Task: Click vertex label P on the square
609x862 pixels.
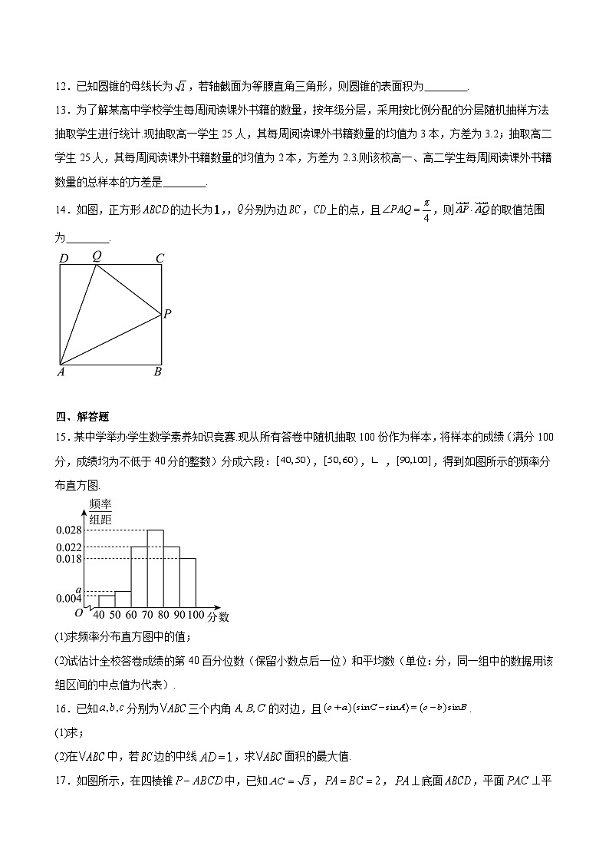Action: point(167,313)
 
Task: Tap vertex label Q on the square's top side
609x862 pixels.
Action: point(97,256)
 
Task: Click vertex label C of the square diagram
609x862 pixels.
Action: point(160,258)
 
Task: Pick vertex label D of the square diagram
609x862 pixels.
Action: point(63,258)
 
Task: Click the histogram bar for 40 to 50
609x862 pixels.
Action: point(106,601)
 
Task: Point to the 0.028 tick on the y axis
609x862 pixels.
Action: point(68,530)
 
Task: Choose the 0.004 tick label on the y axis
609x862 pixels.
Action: point(68,599)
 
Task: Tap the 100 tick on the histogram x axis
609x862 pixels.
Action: point(196,616)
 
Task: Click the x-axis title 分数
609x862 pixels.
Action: point(218,616)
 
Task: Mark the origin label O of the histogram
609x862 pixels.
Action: point(78,613)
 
